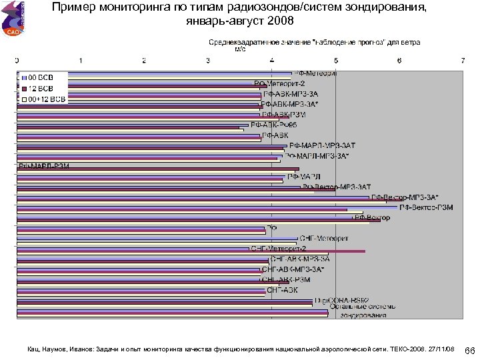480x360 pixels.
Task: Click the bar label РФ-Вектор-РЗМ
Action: tap(427, 207)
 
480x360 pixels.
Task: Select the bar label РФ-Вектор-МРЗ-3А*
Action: tap(405, 197)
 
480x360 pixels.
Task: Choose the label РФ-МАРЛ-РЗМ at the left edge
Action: tap(44, 166)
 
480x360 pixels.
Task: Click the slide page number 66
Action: tap(469, 350)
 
